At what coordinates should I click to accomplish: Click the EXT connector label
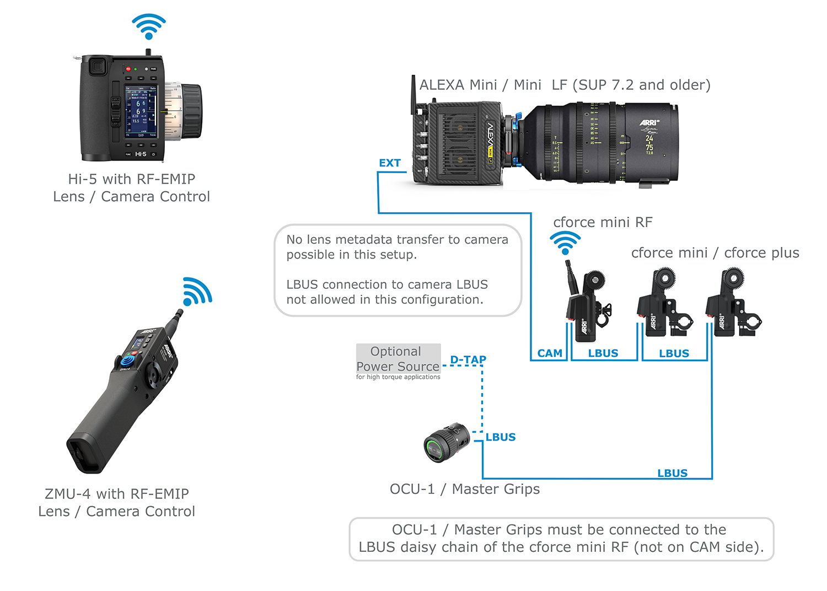(x=389, y=163)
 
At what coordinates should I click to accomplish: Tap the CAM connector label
(x=550, y=353)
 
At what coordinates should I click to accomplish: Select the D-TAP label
(x=468, y=360)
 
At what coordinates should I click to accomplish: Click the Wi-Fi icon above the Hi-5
(x=148, y=26)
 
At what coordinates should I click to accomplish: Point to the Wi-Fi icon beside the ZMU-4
(x=196, y=292)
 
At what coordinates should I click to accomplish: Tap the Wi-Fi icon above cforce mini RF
(x=565, y=243)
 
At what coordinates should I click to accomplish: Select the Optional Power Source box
(x=398, y=359)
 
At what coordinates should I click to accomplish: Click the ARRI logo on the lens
(x=649, y=122)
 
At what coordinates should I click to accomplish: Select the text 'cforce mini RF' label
(x=603, y=222)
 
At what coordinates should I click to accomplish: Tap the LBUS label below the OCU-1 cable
(x=672, y=473)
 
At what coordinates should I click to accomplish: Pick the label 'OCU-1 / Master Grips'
(x=464, y=489)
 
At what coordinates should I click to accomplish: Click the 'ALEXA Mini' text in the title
(x=458, y=85)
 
